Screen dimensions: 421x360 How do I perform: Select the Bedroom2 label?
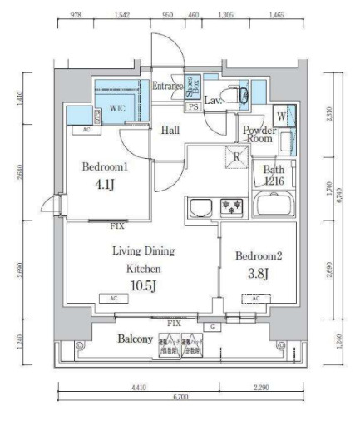point(259,255)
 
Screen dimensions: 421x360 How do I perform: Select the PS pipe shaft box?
point(193,107)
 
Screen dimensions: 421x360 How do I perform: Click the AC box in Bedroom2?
point(255,298)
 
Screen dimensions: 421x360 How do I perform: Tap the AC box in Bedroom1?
point(86,131)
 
